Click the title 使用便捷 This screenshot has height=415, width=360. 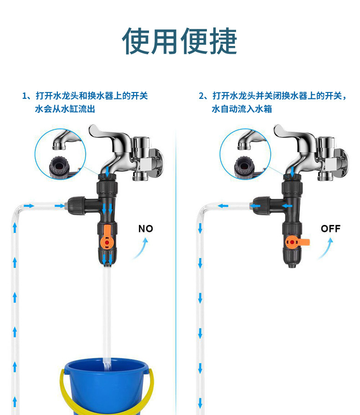click(180, 41)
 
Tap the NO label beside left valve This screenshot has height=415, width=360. click(146, 229)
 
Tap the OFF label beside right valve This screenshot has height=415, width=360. click(330, 229)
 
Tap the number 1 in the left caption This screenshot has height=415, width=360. click(25, 96)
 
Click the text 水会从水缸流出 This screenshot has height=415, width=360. click(65, 109)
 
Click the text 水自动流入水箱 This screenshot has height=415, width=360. click(242, 109)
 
